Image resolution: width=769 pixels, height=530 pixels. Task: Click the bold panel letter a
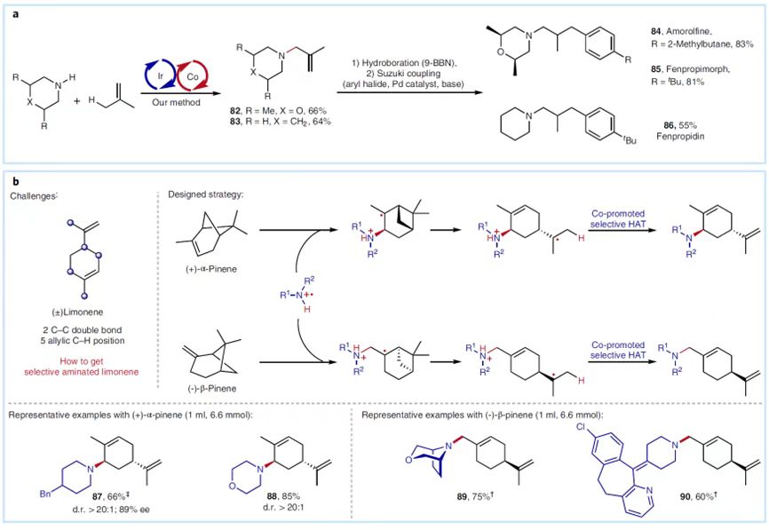(x=13, y=12)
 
